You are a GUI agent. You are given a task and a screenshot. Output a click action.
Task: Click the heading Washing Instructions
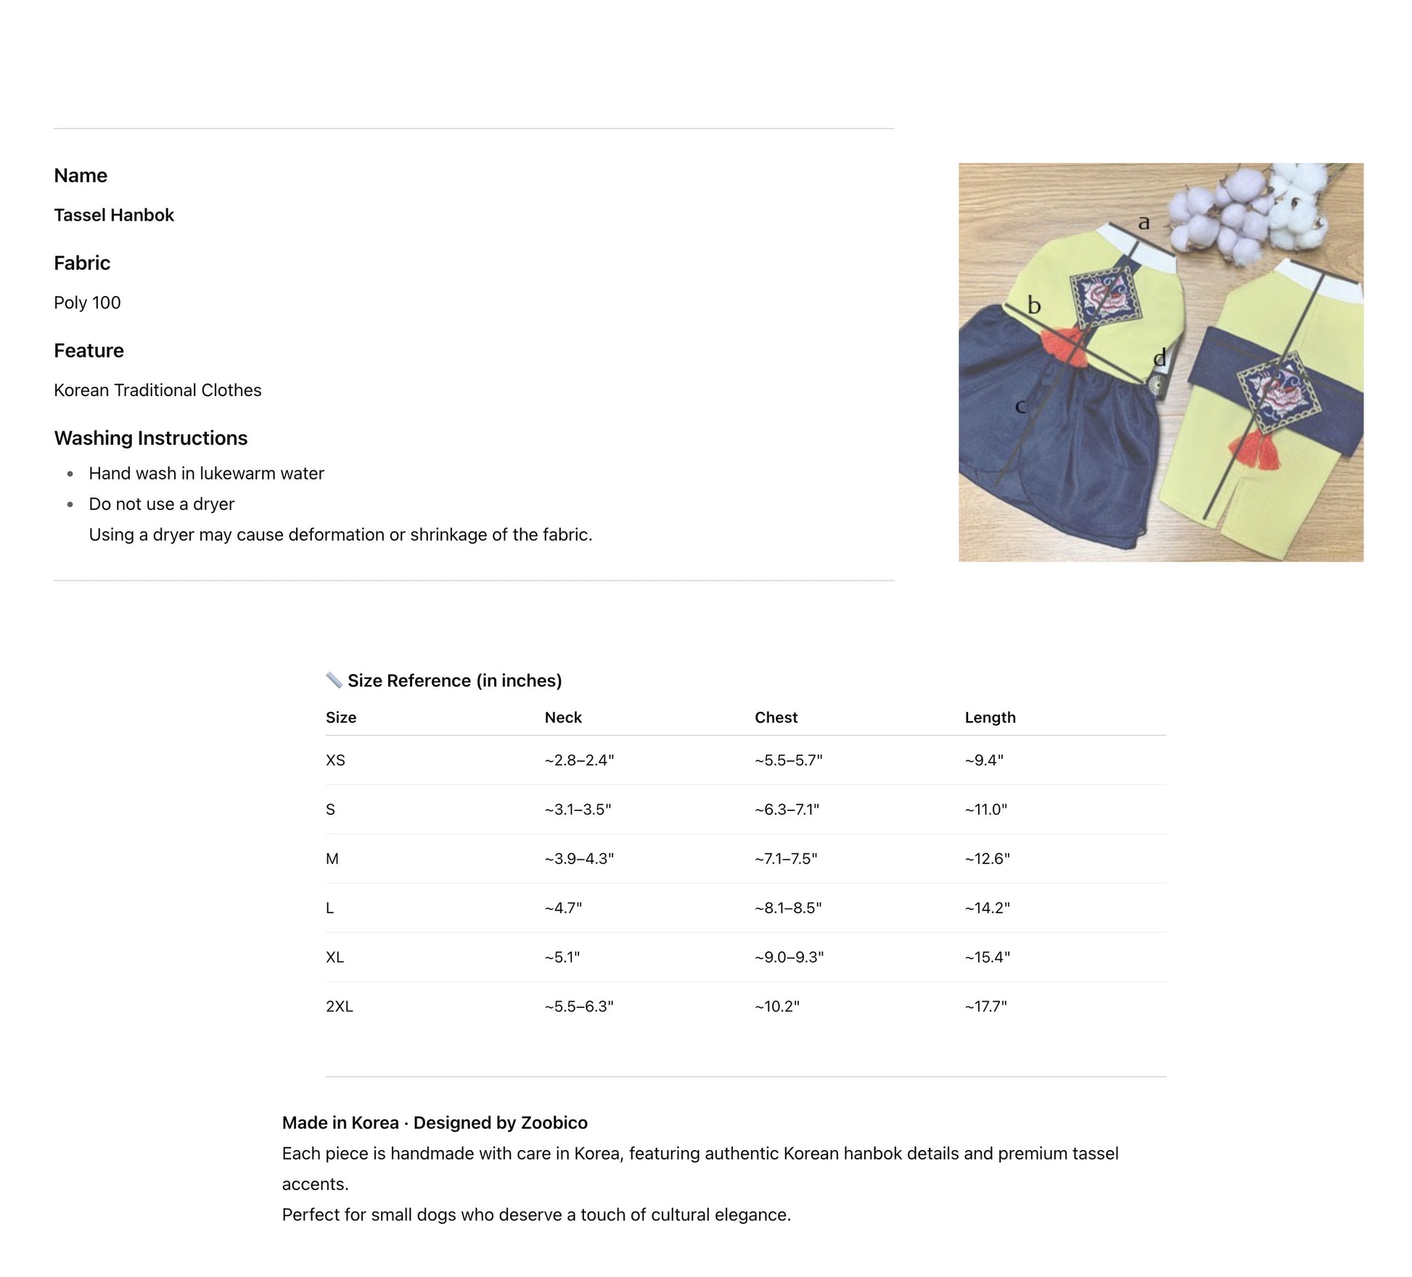pyautogui.click(x=150, y=438)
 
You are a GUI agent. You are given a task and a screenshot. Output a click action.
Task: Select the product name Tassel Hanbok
pyautogui.click(x=114, y=215)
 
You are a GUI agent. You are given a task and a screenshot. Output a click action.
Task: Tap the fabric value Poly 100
pyautogui.click(x=87, y=303)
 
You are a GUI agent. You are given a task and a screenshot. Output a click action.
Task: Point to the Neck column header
pyautogui.click(x=563, y=718)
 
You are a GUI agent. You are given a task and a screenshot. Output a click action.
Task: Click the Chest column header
pyautogui.click(x=776, y=718)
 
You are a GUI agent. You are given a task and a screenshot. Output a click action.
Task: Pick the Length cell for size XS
pyautogui.click(x=984, y=760)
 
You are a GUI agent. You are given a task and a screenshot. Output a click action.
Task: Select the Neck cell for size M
pyautogui.click(x=579, y=859)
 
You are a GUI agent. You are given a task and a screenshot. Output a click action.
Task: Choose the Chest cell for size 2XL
pyautogui.click(x=776, y=1006)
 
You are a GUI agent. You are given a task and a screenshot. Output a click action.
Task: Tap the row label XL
pyautogui.click(x=334, y=957)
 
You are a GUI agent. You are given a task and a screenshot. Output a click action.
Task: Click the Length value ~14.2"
pyautogui.click(x=987, y=908)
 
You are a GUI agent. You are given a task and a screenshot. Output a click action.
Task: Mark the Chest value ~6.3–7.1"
pyautogui.click(x=787, y=810)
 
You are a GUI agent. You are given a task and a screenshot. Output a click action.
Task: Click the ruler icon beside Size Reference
pyautogui.click(x=334, y=680)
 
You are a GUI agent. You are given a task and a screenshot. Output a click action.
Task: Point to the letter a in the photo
pyautogui.click(x=1144, y=222)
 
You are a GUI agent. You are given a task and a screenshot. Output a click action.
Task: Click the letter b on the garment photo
pyautogui.click(x=1034, y=305)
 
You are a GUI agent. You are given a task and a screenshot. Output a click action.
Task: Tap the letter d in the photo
pyautogui.click(x=1159, y=357)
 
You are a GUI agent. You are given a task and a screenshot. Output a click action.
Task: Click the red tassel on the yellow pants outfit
pyautogui.click(x=1254, y=449)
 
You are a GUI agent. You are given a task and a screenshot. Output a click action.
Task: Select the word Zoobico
pyautogui.click(x=554, y=1122)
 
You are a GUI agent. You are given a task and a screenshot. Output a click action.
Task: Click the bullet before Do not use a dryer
pyautogui.click(x=70, y=504)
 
